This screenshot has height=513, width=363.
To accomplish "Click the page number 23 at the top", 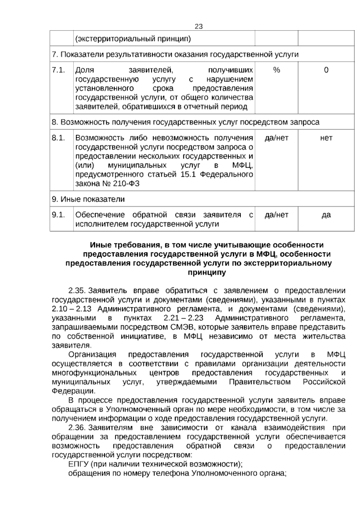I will click(x=198, y=26).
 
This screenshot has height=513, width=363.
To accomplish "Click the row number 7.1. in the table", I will click(x=58, y=70).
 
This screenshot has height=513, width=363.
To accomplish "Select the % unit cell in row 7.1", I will click(x=276, y=70).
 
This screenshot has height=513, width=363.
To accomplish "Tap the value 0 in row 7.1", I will click(x=326, y=70).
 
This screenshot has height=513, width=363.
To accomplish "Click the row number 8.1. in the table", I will click(x=58, y=138).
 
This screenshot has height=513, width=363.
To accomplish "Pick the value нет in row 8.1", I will click(x=326, y=138).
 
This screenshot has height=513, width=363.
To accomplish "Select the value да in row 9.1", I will click(x=326, y=215).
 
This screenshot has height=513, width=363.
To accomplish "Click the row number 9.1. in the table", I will click(x=58, y=215).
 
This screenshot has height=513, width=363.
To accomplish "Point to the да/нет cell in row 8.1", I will click(x=276, y=138).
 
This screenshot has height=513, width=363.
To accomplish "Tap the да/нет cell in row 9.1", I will click(x=276, y=215).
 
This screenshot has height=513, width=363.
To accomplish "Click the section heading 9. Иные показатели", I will click(x=88, y=199).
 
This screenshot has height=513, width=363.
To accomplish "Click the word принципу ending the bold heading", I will click(x=207, y=272).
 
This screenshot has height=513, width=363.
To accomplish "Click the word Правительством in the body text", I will click(x=260, y=382).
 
